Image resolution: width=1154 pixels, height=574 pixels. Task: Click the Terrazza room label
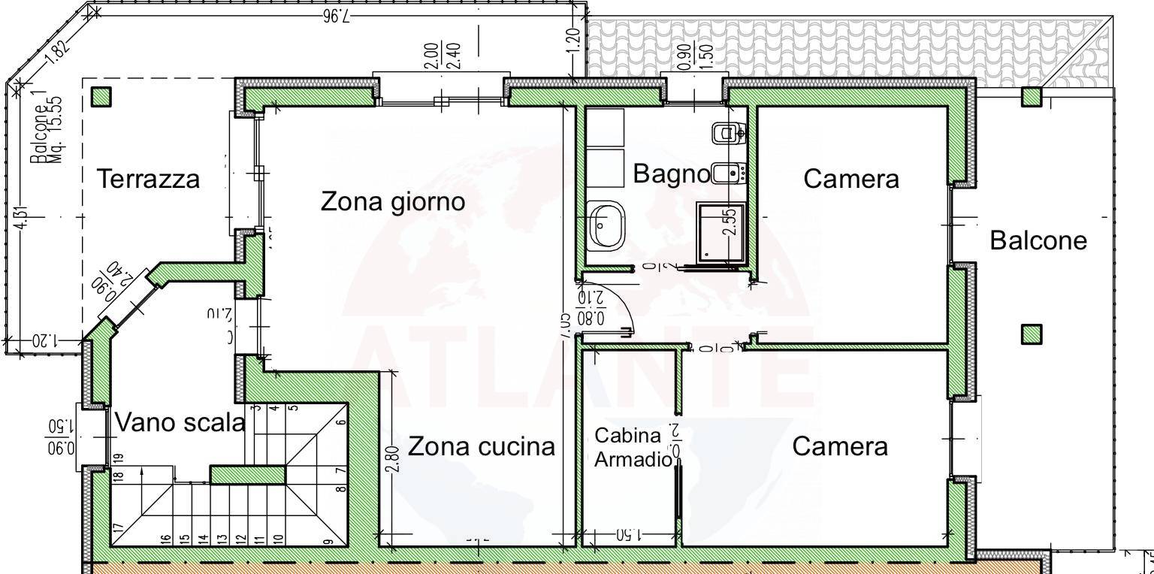coord(149,180)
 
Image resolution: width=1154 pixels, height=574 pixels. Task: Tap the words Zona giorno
coord(393,201)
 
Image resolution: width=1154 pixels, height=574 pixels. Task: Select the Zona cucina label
coord(481,446)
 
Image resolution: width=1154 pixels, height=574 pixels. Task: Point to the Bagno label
coord(671,174)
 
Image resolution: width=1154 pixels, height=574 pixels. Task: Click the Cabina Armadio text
coord(630,448)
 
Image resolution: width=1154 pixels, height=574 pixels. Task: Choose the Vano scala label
coord(180,422)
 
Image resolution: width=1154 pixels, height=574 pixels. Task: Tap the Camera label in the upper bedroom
coord(850,179)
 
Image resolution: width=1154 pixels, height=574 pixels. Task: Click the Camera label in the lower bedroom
coord(839,446)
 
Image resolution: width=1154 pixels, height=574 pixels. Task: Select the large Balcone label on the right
coord(1038,240)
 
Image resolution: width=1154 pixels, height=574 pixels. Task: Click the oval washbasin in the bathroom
coord(606,225)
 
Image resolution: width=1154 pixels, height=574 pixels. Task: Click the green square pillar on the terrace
coord(101,97)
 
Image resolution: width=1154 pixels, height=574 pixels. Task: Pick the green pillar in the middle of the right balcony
coord(1032,334)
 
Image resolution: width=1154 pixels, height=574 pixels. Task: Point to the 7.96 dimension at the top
coord(336,17)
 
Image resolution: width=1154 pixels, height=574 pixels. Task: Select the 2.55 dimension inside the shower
coord(729,222)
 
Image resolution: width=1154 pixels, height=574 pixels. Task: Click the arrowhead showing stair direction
coord(142,473)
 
